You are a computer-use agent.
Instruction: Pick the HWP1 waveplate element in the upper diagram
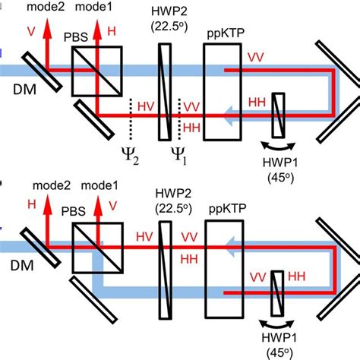pos(279,114)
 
